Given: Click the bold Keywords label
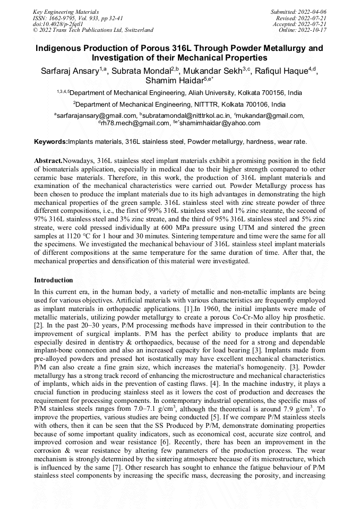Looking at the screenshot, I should click(x=51, y=142).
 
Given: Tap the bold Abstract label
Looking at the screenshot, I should click(x=48, y=160).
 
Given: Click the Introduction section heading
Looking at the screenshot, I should click(x=53, y=280).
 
